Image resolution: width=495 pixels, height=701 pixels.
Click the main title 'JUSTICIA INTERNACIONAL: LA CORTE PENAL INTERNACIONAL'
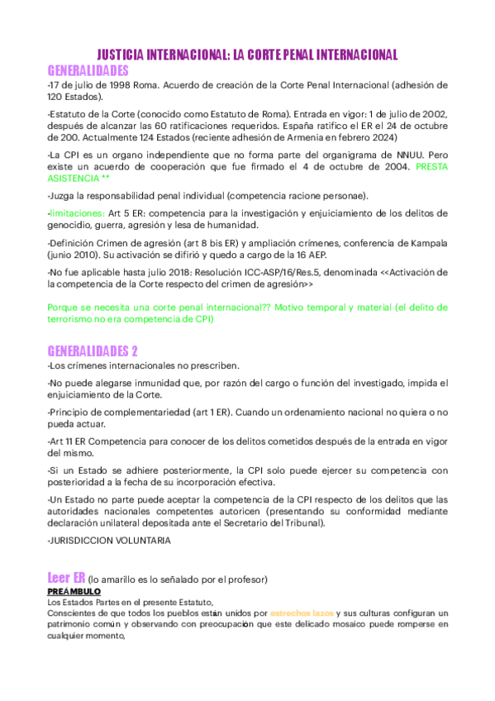click(247, 55)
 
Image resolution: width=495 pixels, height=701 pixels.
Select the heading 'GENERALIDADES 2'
click(93, 350)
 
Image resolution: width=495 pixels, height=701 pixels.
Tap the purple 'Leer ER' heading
click(66, 577)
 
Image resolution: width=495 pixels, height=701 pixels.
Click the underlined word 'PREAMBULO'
click(74, 592)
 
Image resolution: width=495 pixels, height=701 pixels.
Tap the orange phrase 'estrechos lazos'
click(302, 613)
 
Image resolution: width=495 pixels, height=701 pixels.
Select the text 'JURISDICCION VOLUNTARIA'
click(111, 540)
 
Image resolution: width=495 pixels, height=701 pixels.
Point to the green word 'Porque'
click(64, 308)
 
